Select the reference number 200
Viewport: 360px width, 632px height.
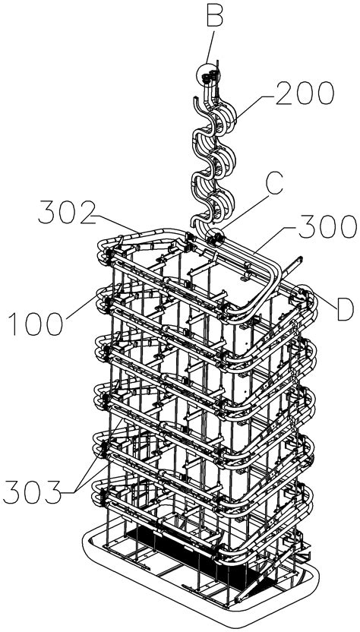click(x=305, y=93)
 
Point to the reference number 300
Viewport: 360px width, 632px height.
click(x=327, y=227)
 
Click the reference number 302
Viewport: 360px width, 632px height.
click(x=68, y=213)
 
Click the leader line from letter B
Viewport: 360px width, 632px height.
click(x=210, y=47)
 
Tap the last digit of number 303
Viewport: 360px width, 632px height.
click(x=53, y=491)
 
